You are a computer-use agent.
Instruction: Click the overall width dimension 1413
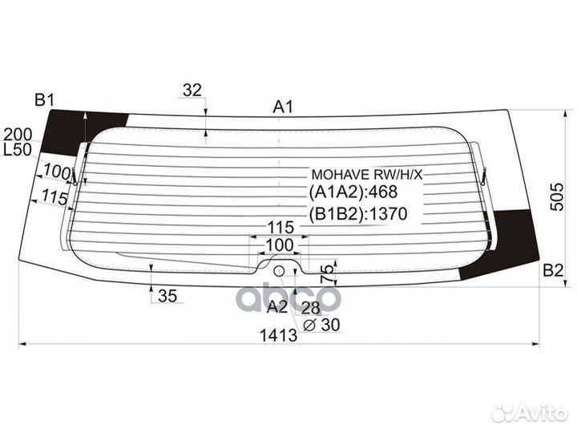(x=279, y=335)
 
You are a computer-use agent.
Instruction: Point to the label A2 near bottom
(x=276, y=306)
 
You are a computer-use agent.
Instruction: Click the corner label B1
(x=43, y=100)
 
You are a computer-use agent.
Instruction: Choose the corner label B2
(x=552, y=270)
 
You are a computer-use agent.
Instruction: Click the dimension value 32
(x=192, y=91)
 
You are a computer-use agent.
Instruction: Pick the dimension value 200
(x=17, y=134)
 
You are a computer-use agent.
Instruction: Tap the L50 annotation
(x=17, y=150)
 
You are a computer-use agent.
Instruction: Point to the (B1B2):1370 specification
(x=358, y=214)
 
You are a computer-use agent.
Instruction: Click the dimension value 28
(x=311, y=306)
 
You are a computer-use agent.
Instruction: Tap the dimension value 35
(x=167, y=296)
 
